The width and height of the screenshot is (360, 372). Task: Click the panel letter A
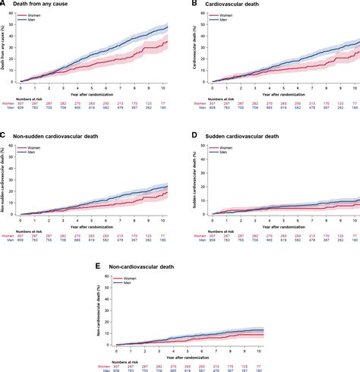4,5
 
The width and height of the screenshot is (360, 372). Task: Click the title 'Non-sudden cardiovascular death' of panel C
55,136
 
